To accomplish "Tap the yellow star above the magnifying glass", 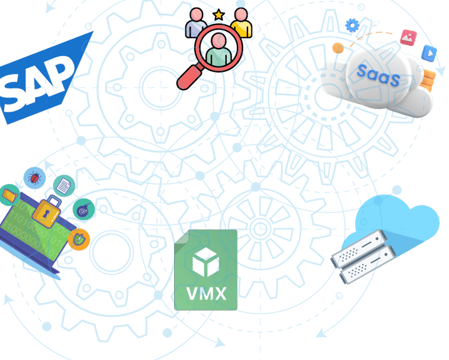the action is (219, 13).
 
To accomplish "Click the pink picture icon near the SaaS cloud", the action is (407, 37).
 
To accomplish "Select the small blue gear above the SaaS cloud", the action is (351, 25).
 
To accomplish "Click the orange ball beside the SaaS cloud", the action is (337, 48).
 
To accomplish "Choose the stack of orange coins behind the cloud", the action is (429, 79).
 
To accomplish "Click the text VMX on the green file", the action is (206, 292).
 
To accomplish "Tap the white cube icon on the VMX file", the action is (206, 262).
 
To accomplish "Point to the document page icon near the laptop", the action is (64, 185).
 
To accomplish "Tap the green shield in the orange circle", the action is (79, 238).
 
